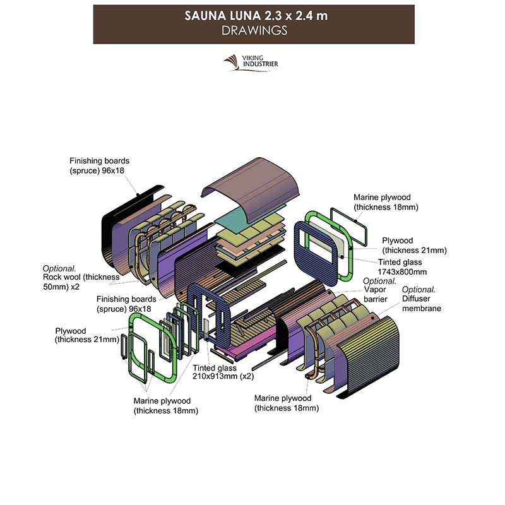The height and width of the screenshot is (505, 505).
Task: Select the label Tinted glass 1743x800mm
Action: [x=408, y=266]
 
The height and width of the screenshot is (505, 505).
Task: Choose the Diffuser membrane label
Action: [x=422, y=304]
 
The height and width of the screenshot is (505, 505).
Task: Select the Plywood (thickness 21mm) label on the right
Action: [x=413, y=245]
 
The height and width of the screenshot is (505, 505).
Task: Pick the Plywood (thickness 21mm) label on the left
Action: [x=86, y=335]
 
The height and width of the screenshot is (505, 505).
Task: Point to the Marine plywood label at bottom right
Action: [x=287, y=403]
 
